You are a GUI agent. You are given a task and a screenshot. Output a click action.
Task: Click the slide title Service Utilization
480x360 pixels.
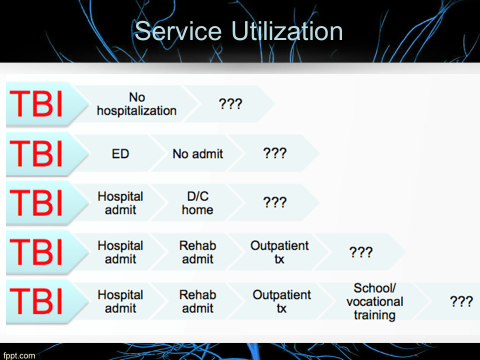(240, 31)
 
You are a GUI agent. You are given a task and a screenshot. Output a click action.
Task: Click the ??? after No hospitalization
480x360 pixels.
(230, 104)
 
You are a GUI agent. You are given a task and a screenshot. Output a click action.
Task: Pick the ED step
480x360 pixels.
(119, 155)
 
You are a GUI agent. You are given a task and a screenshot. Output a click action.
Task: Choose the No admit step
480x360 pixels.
(198, 155)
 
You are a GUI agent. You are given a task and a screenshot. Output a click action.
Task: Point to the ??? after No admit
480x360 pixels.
(275, 154)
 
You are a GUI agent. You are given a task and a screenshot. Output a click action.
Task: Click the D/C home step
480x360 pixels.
(198, 203)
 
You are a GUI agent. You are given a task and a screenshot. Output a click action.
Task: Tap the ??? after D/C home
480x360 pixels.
(275, 202)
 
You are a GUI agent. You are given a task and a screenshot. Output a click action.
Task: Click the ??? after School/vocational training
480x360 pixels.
(461, 301)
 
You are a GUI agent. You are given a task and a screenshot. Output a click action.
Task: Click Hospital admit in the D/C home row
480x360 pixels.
(120, 203)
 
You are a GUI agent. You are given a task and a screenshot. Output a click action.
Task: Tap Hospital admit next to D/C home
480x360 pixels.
(120, 203)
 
